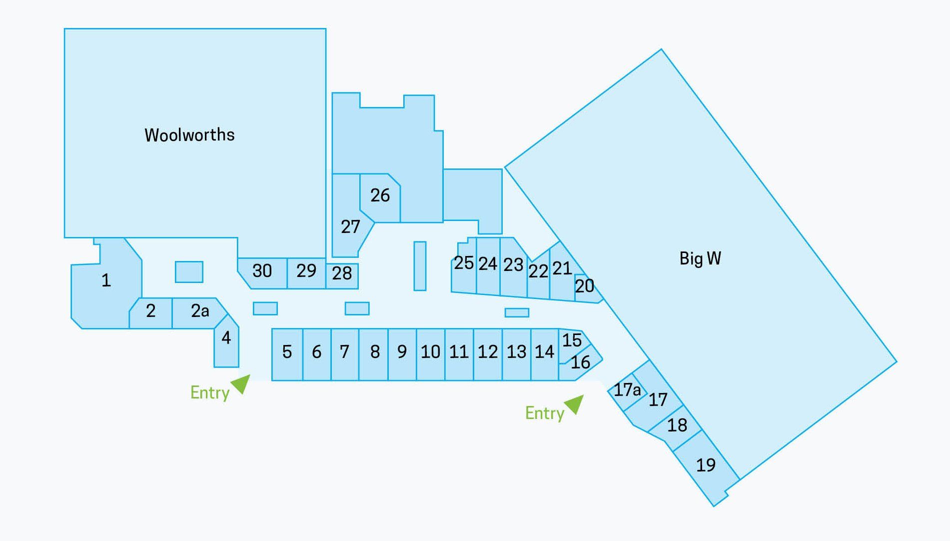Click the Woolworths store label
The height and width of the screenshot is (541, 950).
(x=189, y=135)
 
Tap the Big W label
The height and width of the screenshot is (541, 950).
(x=700, y=258)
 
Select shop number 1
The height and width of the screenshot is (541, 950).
(x=106, y=283)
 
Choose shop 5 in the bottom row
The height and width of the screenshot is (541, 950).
(x=287, y=354)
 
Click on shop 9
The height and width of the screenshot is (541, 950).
(x=402, y=354)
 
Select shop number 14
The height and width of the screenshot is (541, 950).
(x=545, y=354)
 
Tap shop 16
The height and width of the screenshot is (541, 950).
(x=580, y=364)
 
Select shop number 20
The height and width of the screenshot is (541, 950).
(x=586, y=287)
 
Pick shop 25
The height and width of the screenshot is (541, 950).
(x=464, y=266)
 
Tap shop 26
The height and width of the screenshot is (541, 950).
(x=380, y=197)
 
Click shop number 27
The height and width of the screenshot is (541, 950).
(x=349, y=220)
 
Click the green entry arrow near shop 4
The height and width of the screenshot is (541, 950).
(x=241, y=383)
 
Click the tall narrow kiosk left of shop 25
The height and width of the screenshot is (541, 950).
(x=420, y=266)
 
